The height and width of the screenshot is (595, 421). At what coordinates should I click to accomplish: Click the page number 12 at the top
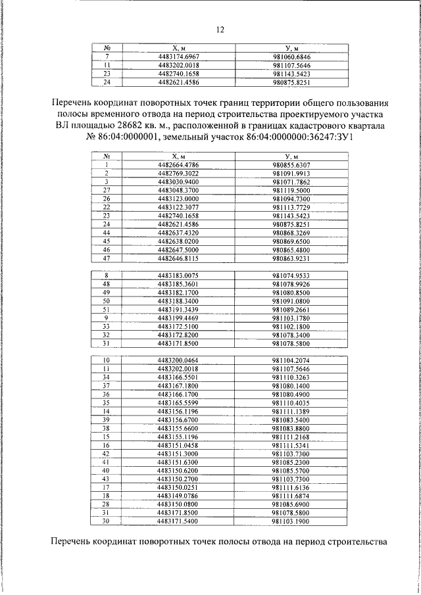pos(220,29)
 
